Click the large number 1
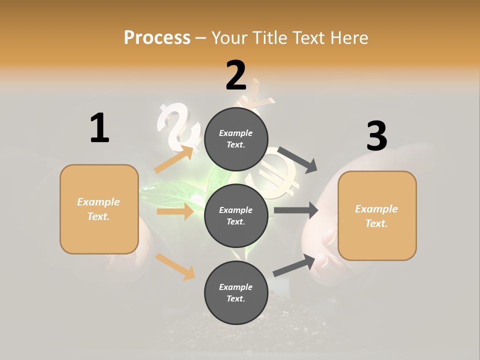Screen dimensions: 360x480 (x=99, y=128)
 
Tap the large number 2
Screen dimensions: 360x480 (x=236, y=75)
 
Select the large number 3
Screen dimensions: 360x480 (x=376, y=136)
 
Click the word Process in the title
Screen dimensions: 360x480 (x=157, y=37)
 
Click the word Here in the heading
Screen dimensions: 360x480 (x=348, y=37)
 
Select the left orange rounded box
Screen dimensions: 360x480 (x=99, y=209)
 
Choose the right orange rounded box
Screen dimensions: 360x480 (x=377, y=215)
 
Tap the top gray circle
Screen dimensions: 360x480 (x=236, y=138)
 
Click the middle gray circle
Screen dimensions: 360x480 (x=236, y=215)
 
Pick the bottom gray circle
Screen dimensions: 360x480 (x=236, y=292)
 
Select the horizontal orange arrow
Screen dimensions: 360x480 (x=175, y=211)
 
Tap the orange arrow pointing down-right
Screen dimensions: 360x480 (x=175, y=266)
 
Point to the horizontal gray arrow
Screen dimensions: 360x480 (x=296, y=210)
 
